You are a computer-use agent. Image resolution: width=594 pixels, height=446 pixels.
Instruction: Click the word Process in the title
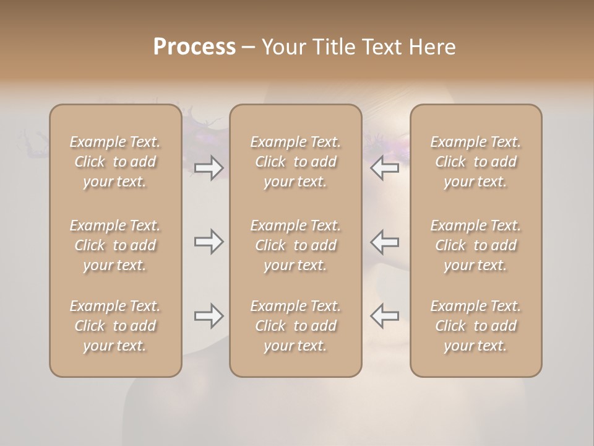(x=194, y=47)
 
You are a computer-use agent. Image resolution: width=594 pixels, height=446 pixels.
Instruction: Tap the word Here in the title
(x=433, y=47)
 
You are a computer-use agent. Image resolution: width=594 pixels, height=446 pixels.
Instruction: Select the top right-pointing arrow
(x=209, y=168)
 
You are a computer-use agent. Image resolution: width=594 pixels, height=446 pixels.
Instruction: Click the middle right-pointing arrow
(x=209, y=242)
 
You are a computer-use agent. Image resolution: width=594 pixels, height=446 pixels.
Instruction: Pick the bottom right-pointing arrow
(x=209, y=316)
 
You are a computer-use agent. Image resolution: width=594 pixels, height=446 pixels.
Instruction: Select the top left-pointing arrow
(x=384, y=168)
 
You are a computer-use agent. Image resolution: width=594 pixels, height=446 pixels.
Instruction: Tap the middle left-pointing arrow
(x=384, y=242)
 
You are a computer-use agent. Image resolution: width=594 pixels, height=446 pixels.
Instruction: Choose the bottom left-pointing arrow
(x=384, y=316)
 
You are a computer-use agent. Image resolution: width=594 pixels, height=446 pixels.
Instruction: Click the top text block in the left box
(x=115, y=162)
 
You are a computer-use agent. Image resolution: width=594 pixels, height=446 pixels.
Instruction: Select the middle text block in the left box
(x=115, y=245)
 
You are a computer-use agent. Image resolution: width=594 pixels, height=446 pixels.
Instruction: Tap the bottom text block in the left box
(x=115, y=326)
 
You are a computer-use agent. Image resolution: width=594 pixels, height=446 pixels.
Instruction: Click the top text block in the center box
(x=295, y=162)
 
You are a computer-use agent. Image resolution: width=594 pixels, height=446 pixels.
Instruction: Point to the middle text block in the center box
(x=295, y=245)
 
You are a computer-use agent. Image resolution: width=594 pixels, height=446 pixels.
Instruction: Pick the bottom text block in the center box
(x=295, y=326)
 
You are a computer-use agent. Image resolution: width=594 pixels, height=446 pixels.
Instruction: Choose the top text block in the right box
(x=475, y=162)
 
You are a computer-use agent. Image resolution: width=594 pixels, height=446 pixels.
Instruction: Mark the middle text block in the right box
(x=475, y=245)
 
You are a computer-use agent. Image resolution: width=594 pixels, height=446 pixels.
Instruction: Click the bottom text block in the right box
(x=475, y=326)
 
